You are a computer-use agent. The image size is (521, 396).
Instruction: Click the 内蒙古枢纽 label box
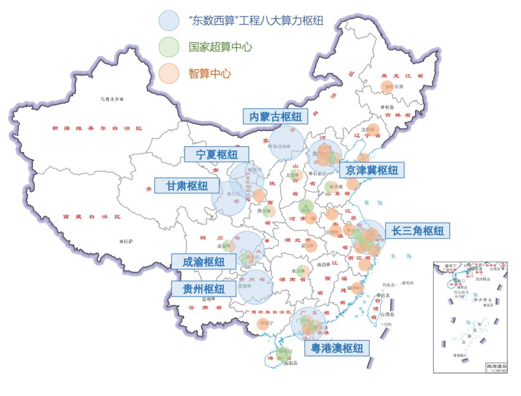(x=275, y=116)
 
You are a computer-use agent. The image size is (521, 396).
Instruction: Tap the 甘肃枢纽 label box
(x=187, y=186)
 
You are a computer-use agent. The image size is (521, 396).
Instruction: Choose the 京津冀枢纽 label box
(x=372, y=170)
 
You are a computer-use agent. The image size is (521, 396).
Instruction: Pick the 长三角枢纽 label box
(x=418, y=230)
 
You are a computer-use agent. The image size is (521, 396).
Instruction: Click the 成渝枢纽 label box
(x=204, y=261)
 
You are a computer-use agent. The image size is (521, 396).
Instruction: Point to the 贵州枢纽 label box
(x=204, y=289)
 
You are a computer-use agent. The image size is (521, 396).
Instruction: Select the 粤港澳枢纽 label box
(x=337, y=348)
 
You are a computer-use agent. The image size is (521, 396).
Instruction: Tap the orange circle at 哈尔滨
(x=387, y=87)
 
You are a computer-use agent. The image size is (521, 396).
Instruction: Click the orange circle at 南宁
(x=263, y=325)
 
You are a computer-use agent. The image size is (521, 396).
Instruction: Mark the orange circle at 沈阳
(x=374, y=129)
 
